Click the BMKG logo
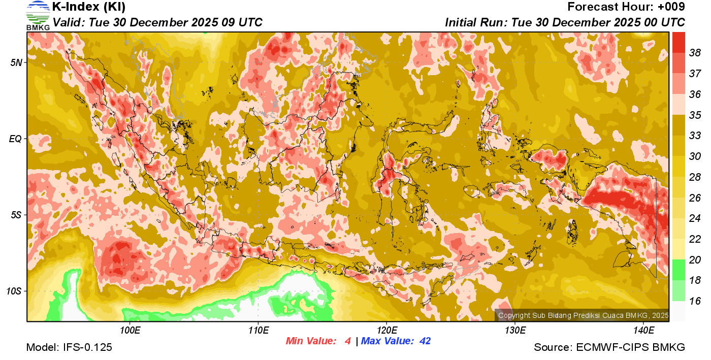click(38, 15)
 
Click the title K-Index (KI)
click(89, 7)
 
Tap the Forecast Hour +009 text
click(626, 7)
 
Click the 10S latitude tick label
click(14, 291)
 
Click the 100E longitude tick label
click(130, 331)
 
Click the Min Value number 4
click(347, 341)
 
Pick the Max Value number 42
click(425, 341)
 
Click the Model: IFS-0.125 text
click(69, 348)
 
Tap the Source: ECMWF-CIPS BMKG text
click(609, 348)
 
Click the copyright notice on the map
click(583, 315)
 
